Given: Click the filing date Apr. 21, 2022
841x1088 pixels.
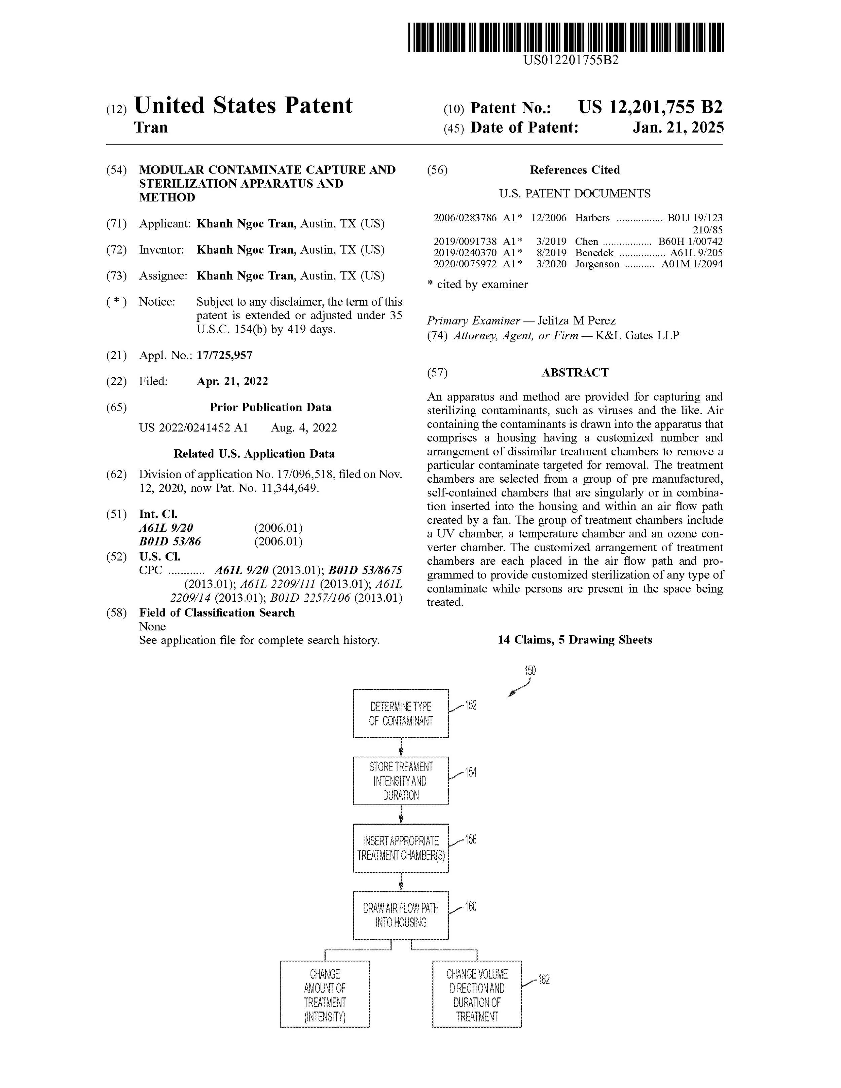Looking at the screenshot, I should [x=232, y=382].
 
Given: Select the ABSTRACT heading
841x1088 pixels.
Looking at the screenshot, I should [x=575, y=373].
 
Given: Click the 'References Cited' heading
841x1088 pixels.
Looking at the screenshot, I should [x=575, y=170].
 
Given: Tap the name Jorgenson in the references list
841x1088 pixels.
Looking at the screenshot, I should [x=597, y=264].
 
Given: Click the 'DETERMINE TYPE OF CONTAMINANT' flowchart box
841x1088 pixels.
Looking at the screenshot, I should [x=401, y=713].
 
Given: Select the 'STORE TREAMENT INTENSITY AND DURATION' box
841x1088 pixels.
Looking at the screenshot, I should [x=401, y=781].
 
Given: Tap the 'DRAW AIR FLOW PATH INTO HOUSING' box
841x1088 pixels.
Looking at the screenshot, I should [x=401, y=915].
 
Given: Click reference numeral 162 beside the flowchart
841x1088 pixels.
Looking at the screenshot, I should [x=544, y=980].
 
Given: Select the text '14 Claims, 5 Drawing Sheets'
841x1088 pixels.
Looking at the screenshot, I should [x=575, y=640].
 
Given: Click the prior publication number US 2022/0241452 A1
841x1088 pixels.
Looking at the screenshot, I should [x=193, y=428].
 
